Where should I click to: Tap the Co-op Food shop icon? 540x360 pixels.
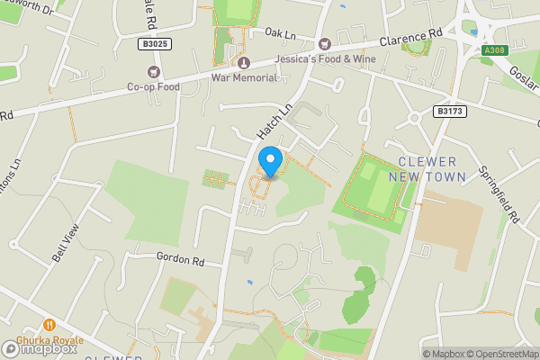[153, 72]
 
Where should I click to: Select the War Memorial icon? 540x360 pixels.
[244, 62]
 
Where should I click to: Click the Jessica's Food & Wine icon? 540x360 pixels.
[325, 43]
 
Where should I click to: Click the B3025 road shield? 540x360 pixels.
[155, 43]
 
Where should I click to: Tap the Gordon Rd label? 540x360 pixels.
[180, 260]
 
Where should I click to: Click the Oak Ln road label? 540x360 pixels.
[280, 32]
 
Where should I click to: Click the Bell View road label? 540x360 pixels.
[66, 241]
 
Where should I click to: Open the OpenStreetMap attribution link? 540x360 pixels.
[499, 353]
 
